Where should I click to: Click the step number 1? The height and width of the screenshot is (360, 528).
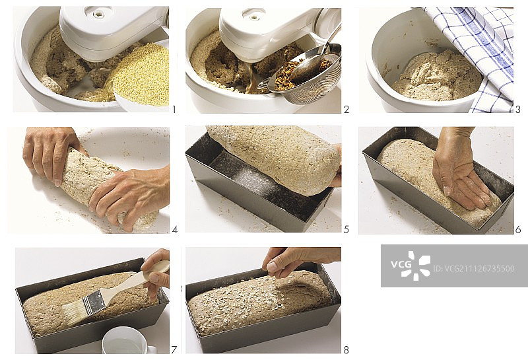pos(174,109)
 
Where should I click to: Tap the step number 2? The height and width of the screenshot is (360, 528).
pos(346,109)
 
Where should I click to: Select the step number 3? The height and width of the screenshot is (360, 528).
pos(518,109)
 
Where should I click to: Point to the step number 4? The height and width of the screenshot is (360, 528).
pos(175,230)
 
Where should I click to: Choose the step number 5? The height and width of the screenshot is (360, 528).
pos(346,230)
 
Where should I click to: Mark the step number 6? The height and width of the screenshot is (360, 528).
pos(518,230)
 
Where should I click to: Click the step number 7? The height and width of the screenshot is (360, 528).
pos(174,350)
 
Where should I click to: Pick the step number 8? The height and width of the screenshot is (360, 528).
pos(346,350)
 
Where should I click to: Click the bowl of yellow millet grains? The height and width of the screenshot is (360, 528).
pos(141,77)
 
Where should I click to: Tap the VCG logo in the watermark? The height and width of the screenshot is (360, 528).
pos(411,265)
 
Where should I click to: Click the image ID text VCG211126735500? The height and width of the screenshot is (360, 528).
pos(473,269)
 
